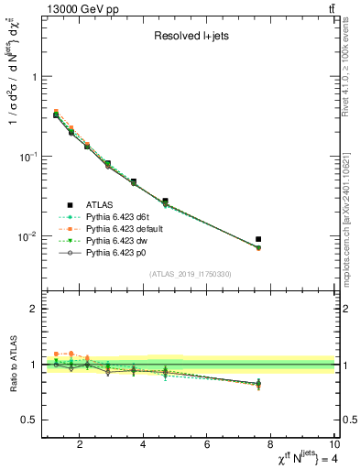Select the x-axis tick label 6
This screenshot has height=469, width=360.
coord(208,445)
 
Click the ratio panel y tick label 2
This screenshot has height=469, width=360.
coord(33,309)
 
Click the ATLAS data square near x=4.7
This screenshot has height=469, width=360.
coord(165,201)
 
